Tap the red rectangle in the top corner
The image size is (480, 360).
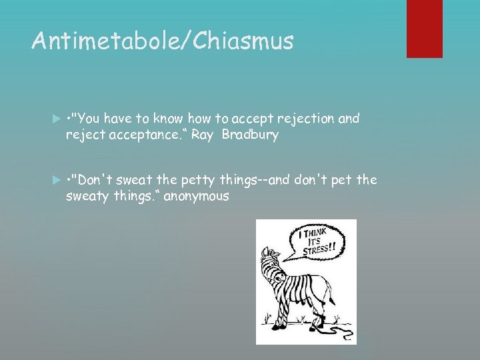425,28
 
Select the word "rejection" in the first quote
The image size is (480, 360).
306,119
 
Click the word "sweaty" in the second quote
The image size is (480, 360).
86,196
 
